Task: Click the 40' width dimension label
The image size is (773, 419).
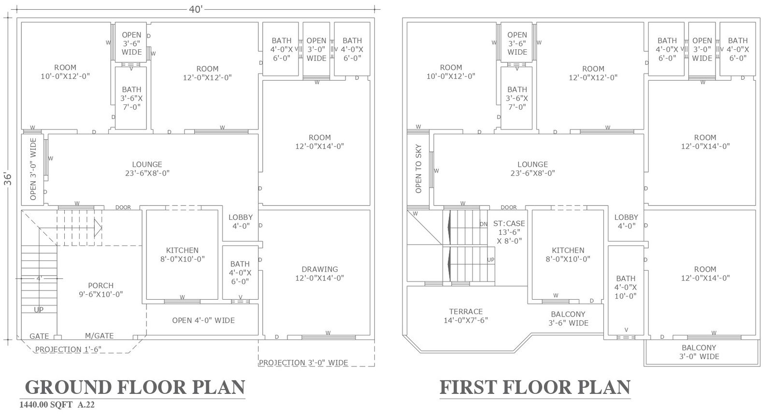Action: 195,9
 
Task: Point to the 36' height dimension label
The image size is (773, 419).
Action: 8,179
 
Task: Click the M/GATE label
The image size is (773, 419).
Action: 100,336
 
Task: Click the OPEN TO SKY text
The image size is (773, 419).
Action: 418,169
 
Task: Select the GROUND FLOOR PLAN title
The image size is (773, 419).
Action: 135,387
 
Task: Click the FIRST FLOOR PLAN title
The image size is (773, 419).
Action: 535,387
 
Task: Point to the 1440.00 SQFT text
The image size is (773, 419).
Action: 46,405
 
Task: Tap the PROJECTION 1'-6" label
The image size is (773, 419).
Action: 68,349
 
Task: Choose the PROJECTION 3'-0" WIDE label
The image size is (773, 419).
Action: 303,363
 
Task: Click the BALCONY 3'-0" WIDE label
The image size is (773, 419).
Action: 699,352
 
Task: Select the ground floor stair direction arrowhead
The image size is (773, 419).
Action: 98,228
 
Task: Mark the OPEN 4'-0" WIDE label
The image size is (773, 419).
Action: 203,320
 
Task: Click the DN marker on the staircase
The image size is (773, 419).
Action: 484,224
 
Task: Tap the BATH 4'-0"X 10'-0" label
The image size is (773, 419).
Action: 626,287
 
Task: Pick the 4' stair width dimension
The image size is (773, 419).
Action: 39,278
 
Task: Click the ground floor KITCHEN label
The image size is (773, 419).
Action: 182,254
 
